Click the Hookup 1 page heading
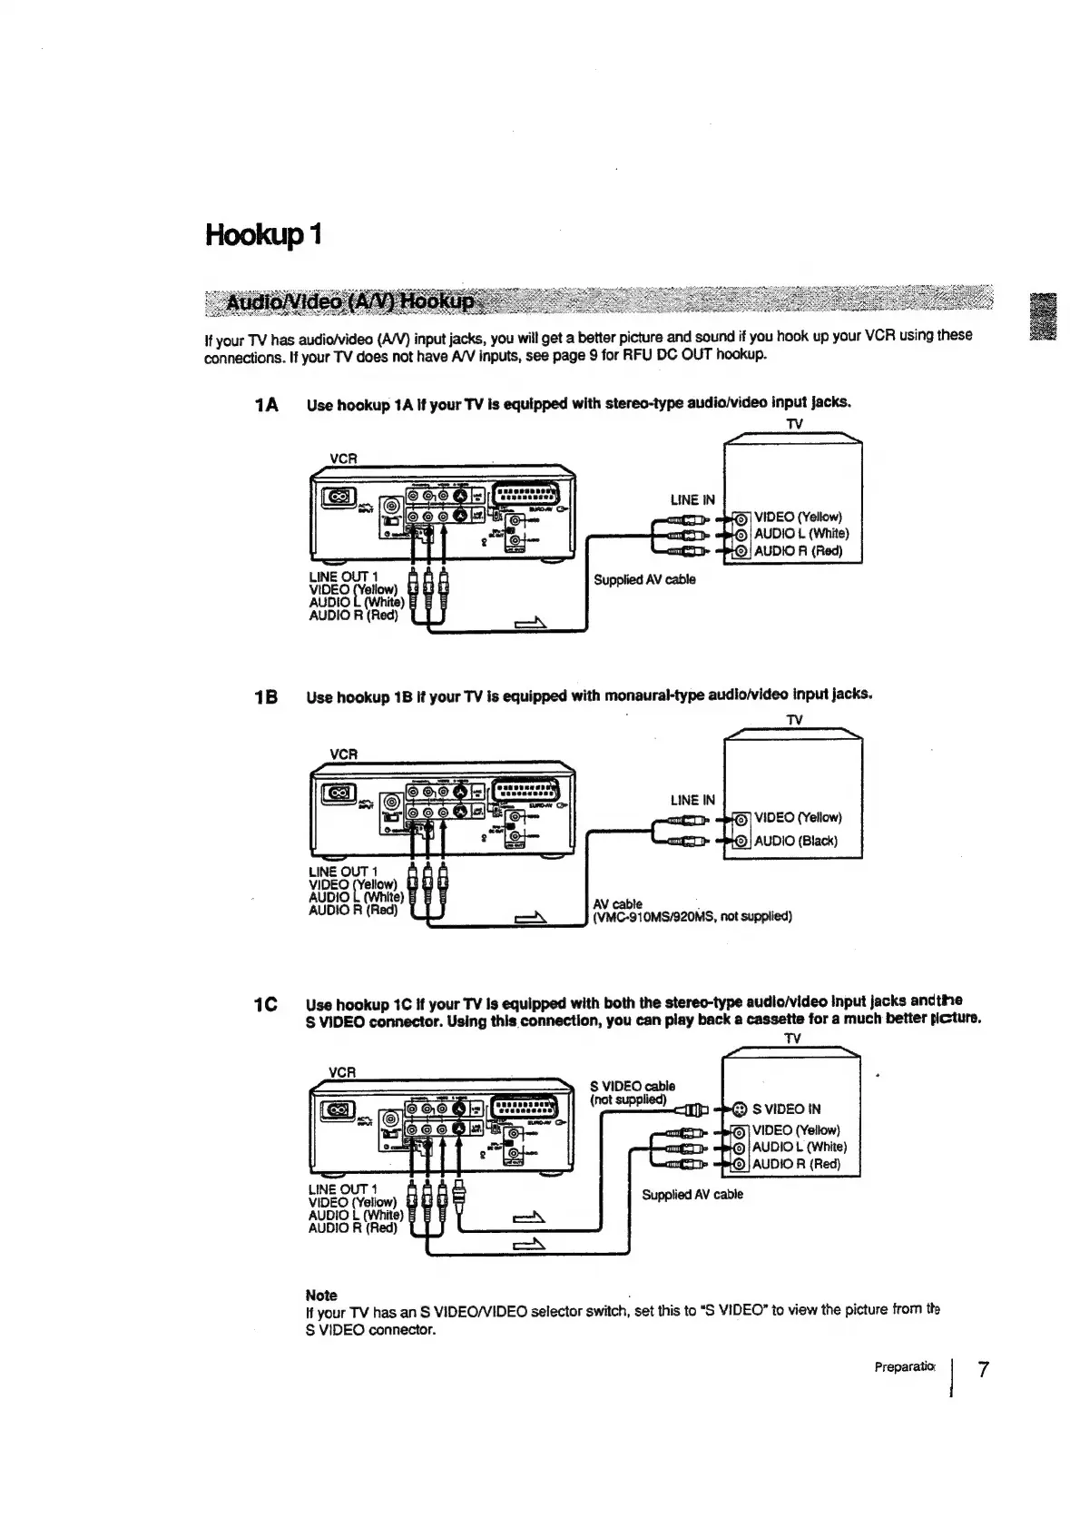[263, 234]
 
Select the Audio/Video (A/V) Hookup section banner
[349, 301]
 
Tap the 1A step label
[267, 405]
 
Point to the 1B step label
[267, 697]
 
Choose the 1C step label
[266, 1004]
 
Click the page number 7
[983, 1370]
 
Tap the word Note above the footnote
[321, 1295]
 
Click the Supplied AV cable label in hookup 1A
[644, 579]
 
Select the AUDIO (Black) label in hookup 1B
[796, 841]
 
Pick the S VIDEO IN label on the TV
[787, 1109]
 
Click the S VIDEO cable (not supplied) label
[632, 1093]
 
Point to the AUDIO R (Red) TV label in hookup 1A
[799, 551]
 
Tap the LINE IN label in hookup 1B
[692, 800]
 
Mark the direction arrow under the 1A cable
[532, 623]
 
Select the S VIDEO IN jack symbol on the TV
[740, 1109]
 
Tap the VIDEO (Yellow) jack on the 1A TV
[741, 517]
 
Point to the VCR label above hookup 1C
[341, 1072]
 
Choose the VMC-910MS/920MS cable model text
[692, 916]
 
